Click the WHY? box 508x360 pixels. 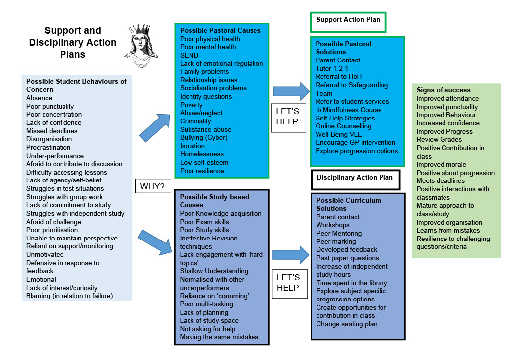153,186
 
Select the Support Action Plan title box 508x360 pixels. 348,22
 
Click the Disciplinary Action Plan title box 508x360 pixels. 355,180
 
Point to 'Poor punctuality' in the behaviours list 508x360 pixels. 50,106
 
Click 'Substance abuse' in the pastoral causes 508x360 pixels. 206,129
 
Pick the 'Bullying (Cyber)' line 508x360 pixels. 204,137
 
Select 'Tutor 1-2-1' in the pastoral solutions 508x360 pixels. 332,68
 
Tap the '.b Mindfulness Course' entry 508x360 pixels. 349,110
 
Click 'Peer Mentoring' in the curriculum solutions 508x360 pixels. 339,233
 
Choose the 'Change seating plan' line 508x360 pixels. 347,324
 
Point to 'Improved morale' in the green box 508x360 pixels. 441,165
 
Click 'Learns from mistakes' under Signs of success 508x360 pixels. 448,230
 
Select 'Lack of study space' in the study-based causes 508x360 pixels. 209,320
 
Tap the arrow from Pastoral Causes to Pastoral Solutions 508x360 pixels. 291,91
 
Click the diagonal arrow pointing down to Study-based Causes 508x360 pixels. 155,242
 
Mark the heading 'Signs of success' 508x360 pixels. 444,90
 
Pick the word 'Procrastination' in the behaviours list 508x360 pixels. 48,147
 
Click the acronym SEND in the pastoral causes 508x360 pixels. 189,55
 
